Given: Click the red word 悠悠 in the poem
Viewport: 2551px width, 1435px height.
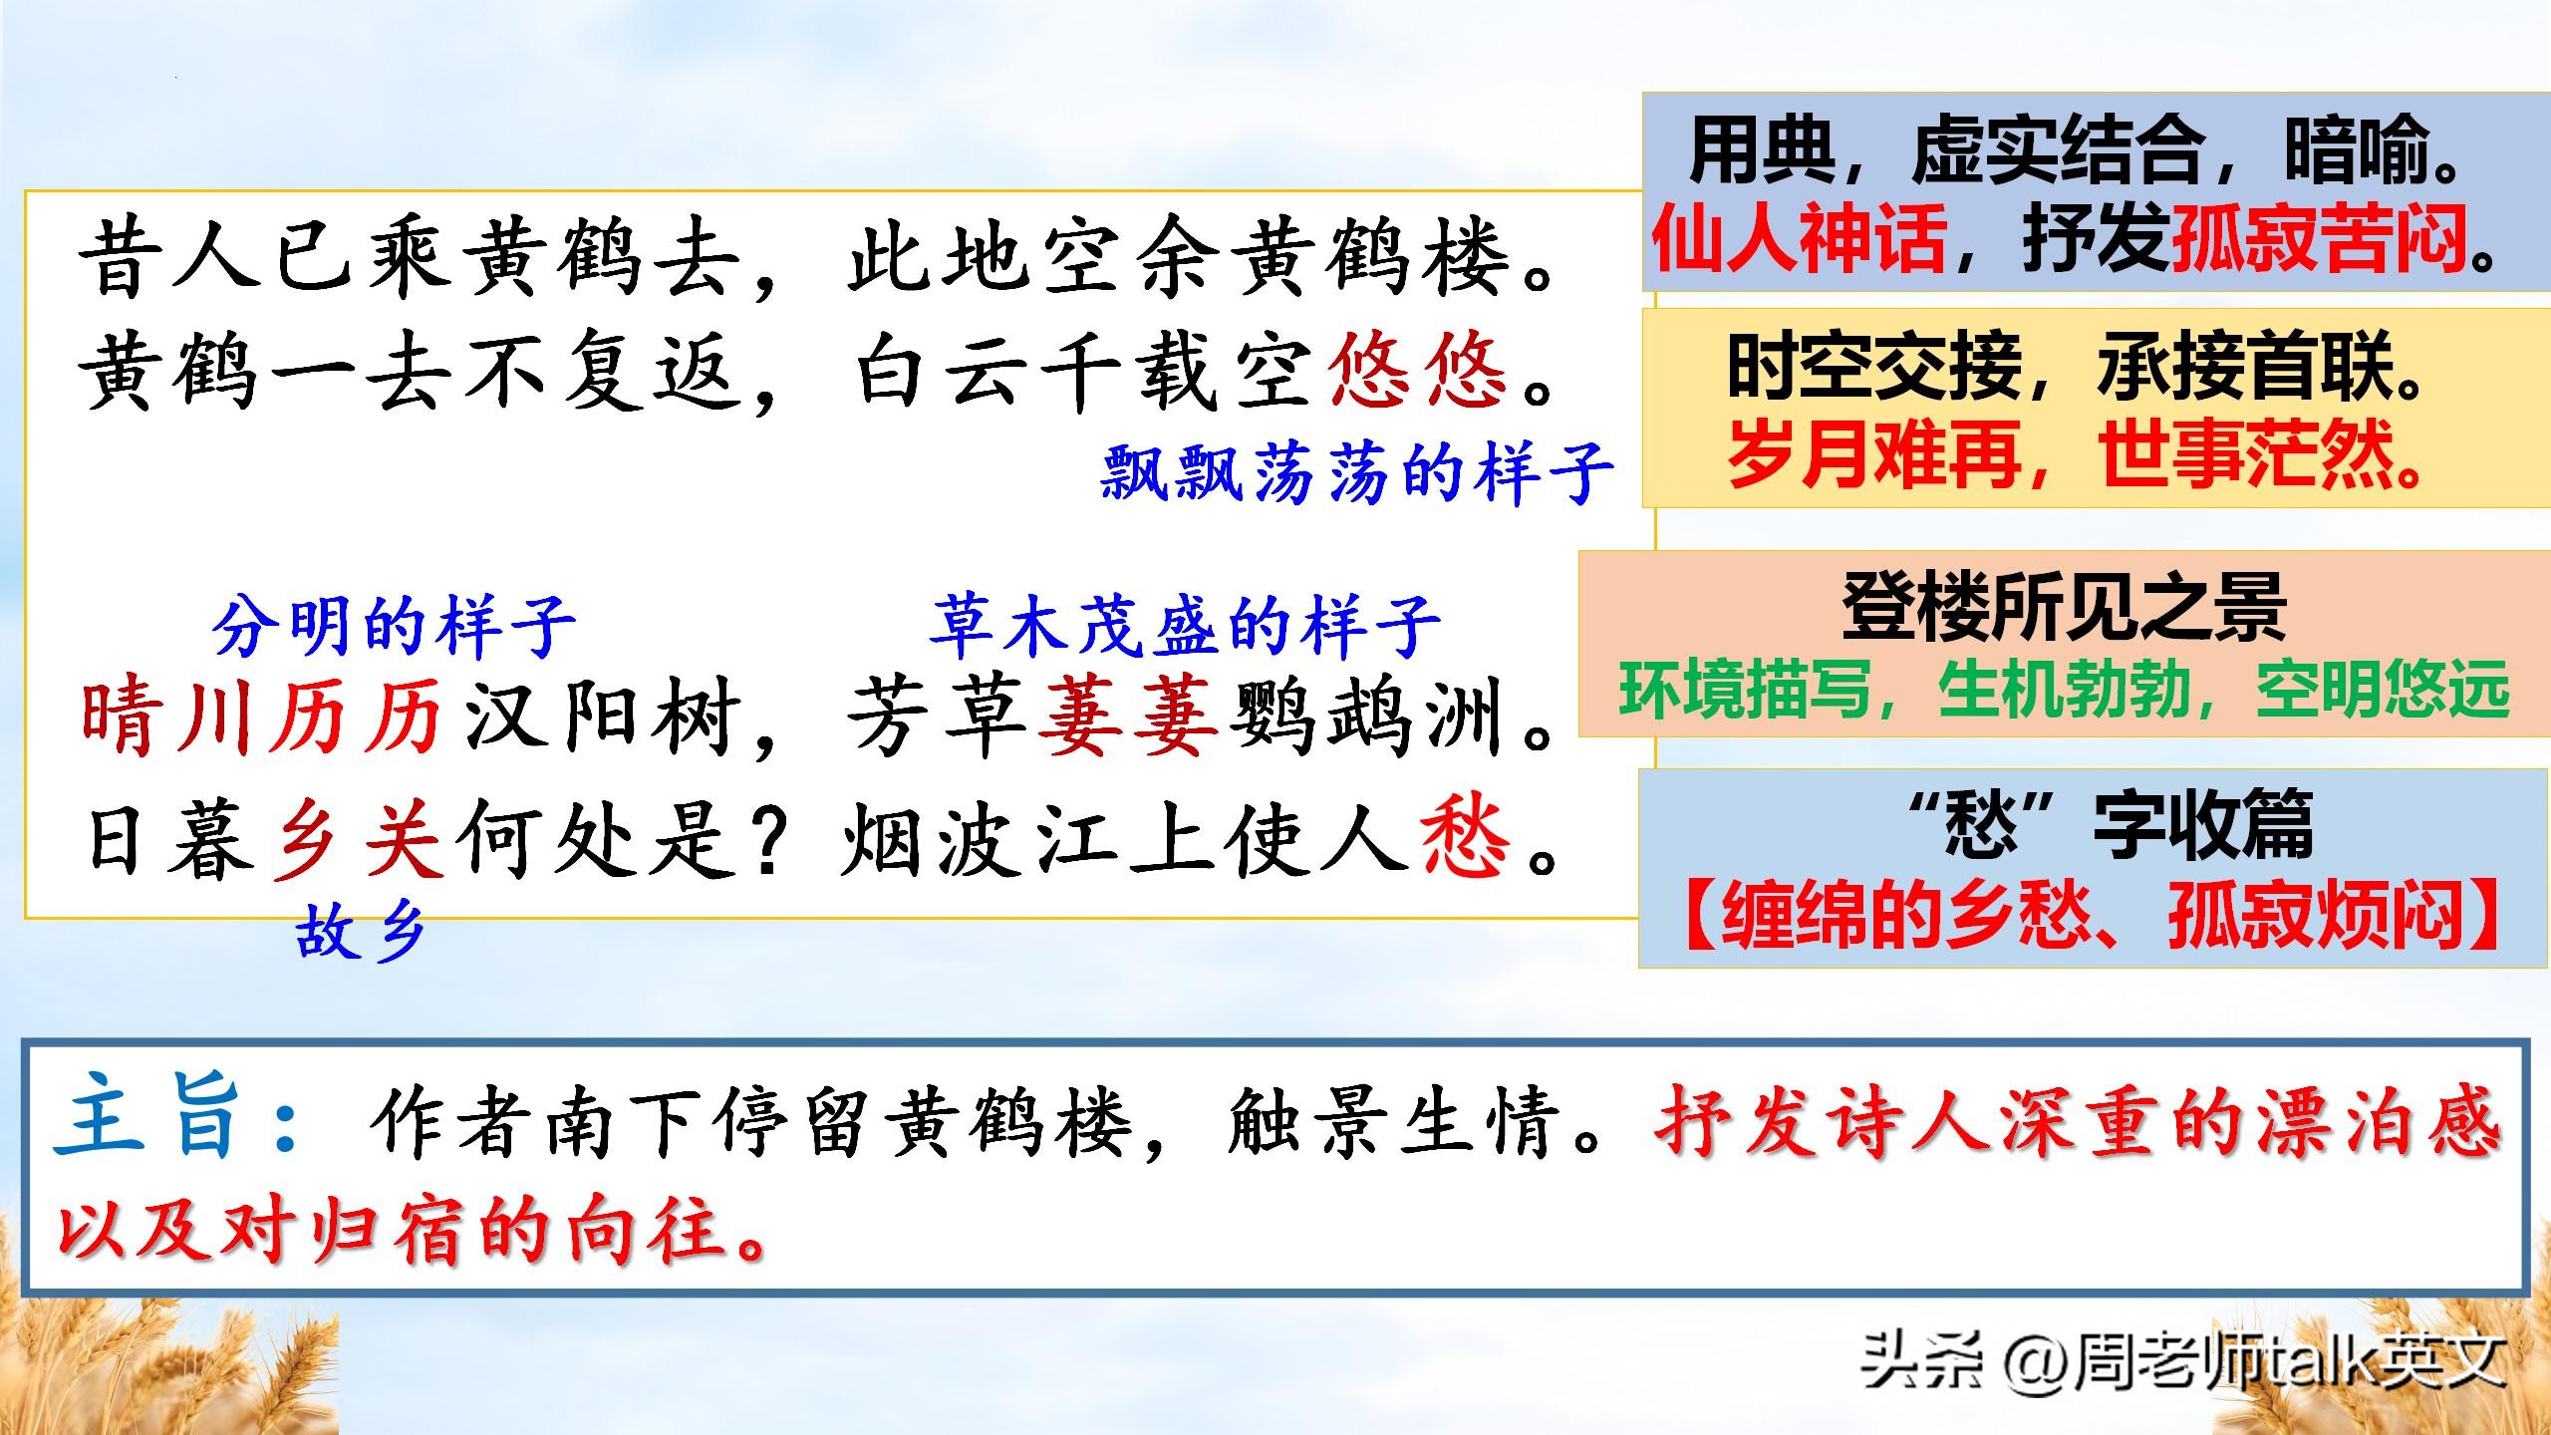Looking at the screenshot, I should click(1416, 371).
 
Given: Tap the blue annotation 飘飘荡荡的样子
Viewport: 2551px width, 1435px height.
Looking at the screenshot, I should click(1356, 472).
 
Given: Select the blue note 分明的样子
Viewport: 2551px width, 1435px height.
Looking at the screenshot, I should click(394, 626).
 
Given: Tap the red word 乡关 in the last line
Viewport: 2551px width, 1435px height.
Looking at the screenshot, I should click(359, 839).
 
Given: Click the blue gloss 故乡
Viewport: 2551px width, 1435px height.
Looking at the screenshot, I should click(361, 935).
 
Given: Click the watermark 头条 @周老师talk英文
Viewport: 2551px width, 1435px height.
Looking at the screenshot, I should click(2182, 1360).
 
